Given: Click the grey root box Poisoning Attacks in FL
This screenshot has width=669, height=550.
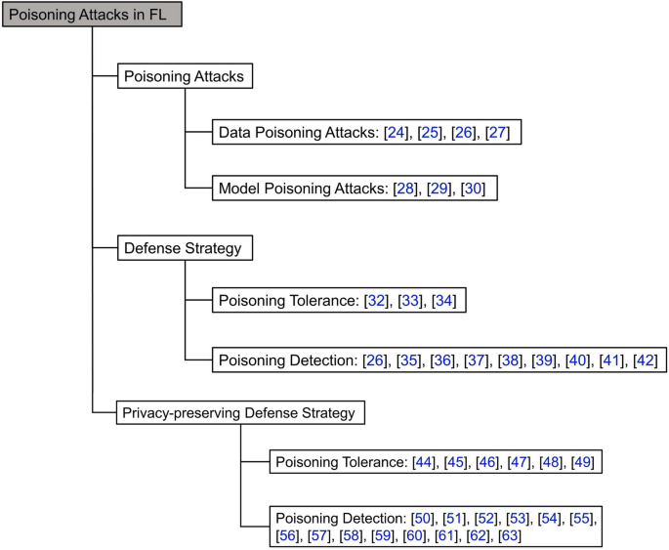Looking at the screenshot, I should tap(91, 15).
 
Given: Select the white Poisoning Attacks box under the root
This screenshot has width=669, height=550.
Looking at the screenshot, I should tap(184, 77).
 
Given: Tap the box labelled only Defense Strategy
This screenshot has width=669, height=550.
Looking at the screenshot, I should tap(183, 248).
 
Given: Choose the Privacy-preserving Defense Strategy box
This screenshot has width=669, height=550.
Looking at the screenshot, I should tap(239, 413).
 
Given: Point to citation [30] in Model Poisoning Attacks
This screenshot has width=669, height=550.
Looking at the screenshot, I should tap(473, 189).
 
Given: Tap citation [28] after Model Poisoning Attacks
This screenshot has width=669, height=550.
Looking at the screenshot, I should tap(404, 189).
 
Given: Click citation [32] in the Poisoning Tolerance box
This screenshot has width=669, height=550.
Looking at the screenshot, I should tap(375, 301).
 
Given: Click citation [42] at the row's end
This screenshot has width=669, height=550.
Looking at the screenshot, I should tap(646, 360).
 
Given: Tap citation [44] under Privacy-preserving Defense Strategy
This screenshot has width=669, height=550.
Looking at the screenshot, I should tap(425, 461).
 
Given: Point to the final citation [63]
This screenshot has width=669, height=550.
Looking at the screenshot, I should tap(509, 535).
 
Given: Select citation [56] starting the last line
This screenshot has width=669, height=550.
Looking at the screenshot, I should tap(289, 535).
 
